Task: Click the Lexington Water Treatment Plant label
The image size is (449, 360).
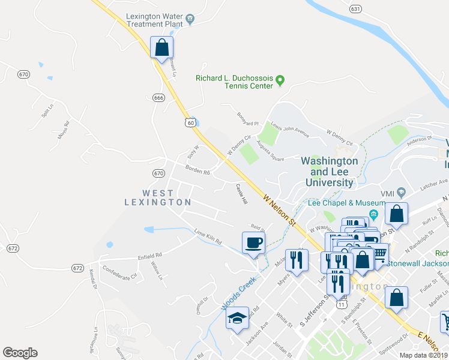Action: tap(154, 20)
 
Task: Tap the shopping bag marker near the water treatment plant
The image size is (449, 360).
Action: tap(161, 47)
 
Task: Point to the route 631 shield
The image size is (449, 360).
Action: tap(356, 9)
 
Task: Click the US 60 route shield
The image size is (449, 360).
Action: tap(190, 122)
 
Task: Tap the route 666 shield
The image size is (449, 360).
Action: tap(158, 98)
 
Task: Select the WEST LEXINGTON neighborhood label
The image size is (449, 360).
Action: tap(158, 197)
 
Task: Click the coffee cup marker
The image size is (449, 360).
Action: tap(253, 243)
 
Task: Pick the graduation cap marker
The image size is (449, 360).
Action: tap(237, 318)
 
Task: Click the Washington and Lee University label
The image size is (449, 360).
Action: tap(329, 172)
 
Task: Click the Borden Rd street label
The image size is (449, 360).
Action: tap(197, 171)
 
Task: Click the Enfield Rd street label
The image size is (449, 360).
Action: tap(121, 258)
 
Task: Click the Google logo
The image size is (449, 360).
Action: tap(20, 353)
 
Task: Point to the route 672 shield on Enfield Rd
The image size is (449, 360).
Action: tap(77, 268)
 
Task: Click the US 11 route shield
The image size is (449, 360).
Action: tap(342, 304)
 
